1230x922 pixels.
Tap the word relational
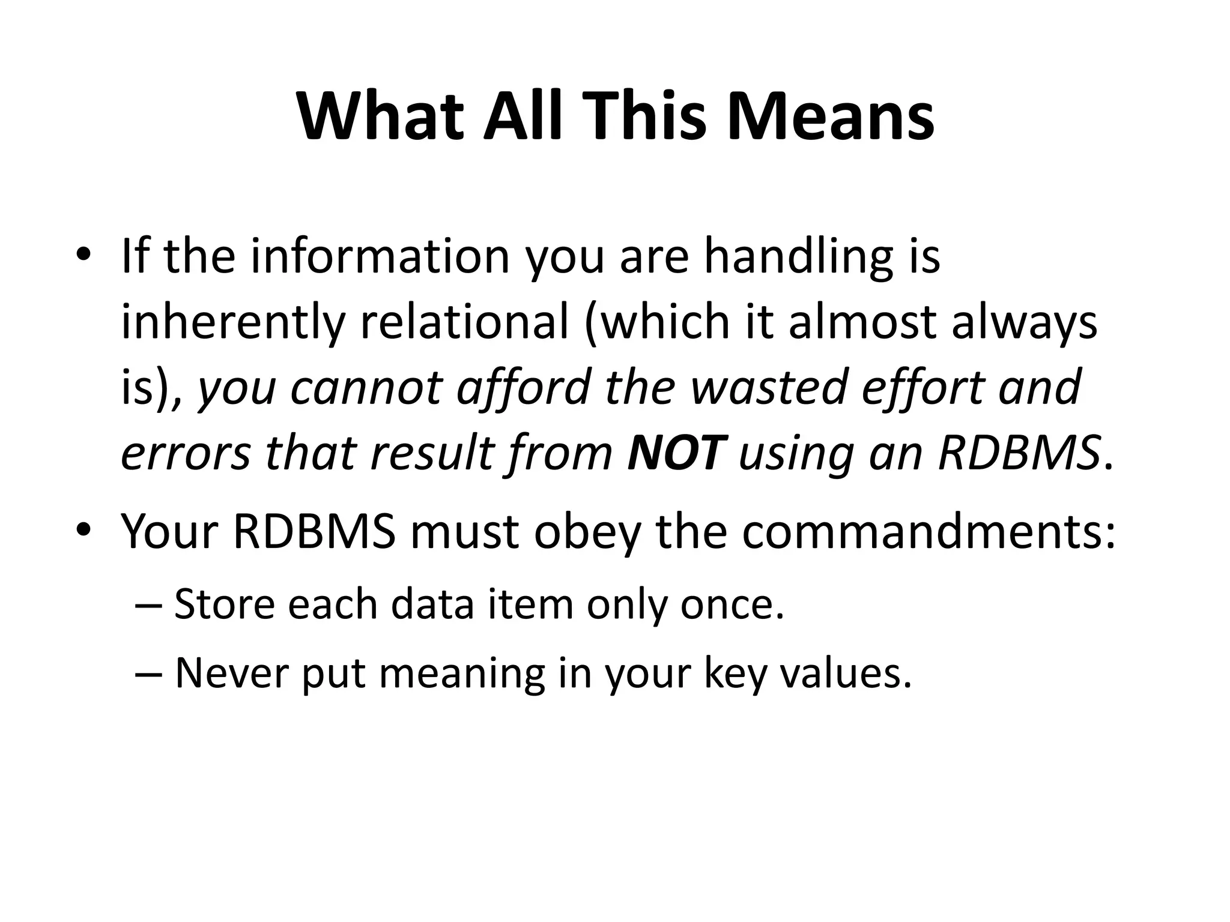[x=464, y=322]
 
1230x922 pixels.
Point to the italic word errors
[x=186, y=454]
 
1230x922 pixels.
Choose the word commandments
[x=929, y=531]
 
